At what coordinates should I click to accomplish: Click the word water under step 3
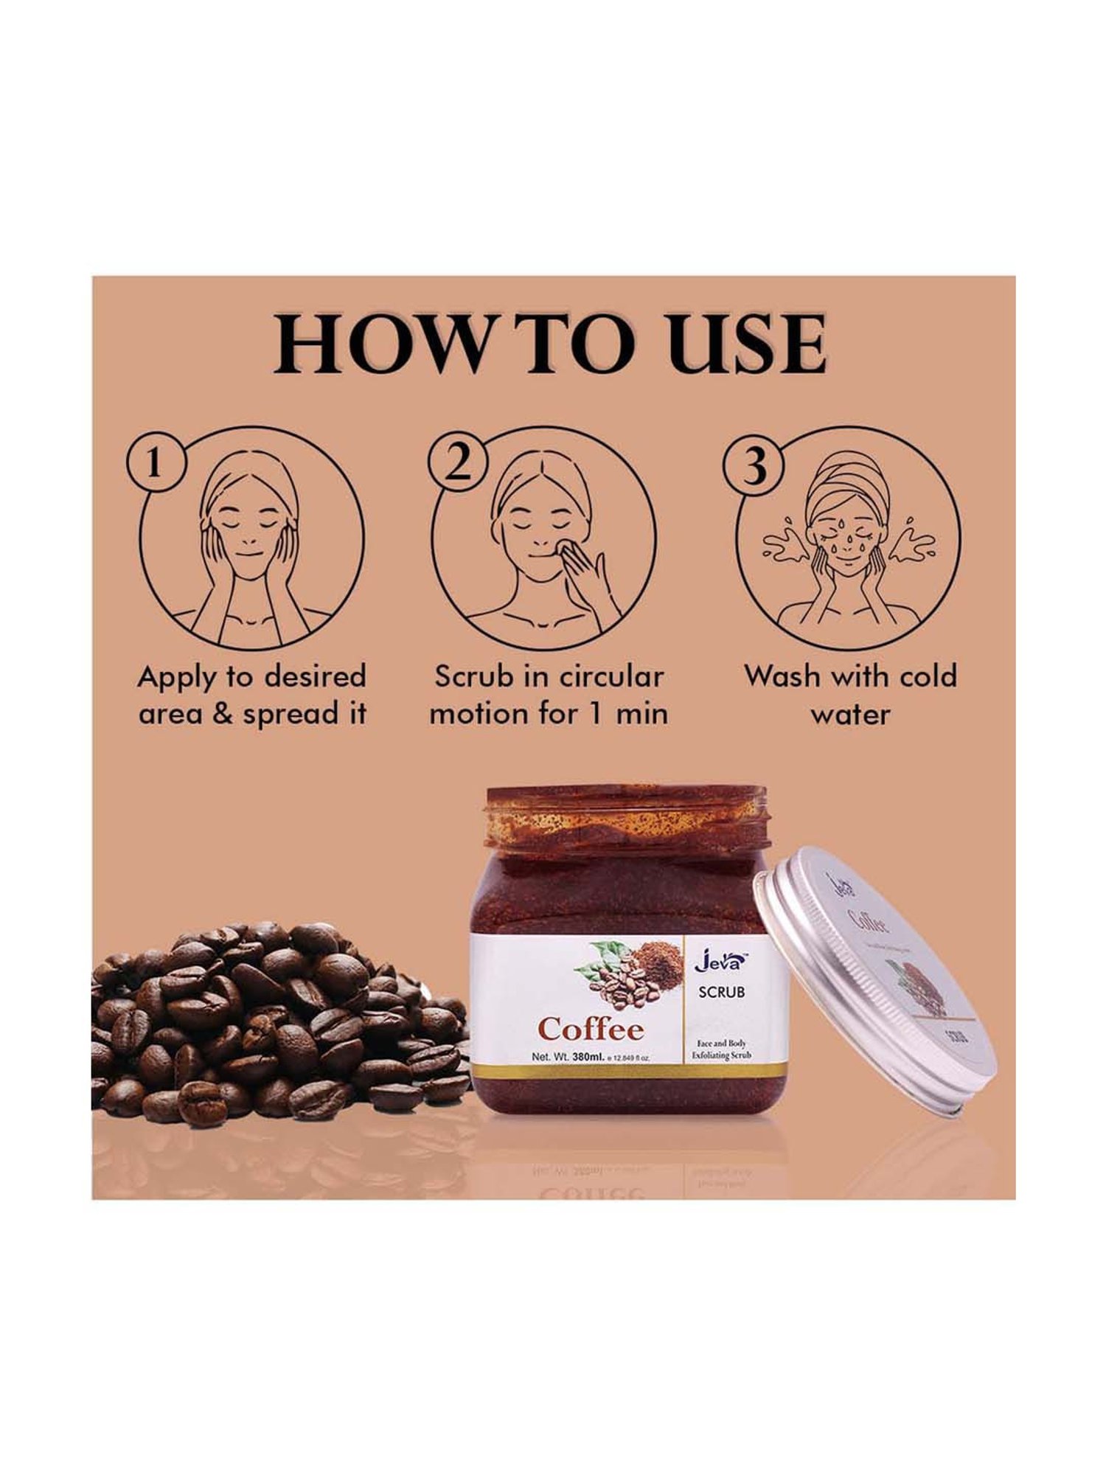(x=850, y=714)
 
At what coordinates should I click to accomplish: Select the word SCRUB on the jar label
(x=721, y=992)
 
